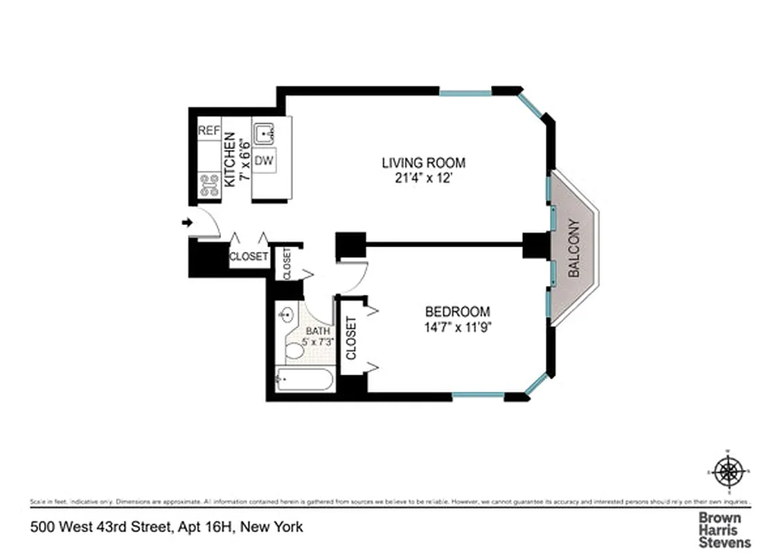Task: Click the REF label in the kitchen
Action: pyautogui.click(x=208, y=131)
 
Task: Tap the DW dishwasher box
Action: pyautogui.click(x=263, y=161)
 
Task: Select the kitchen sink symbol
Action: pyautogui.click(x=264, y=132)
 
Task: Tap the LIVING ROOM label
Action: pyautogui.click(x=423, y=163)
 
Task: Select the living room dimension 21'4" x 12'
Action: pyautogui.click(x=423, y=178)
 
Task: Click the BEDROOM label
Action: pyautogui.click(x=457, y=312)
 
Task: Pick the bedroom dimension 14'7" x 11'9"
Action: pyautogui.click(x=457, y=326)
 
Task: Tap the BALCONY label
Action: pyautogui.click(x=574, y=249)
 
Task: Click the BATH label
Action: pyautogui.click(x=319, y=332)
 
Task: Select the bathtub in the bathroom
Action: pyautogui.click(x=305, y=379)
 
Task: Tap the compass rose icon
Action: pyautogui.click(x=727, y=472)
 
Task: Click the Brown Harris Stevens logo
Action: pyautogui.click(x=724, y=530)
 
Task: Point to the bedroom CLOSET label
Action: pyautogui.click(x=350, y=339)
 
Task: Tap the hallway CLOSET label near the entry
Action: pyautogui.click(x=249, y=256)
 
